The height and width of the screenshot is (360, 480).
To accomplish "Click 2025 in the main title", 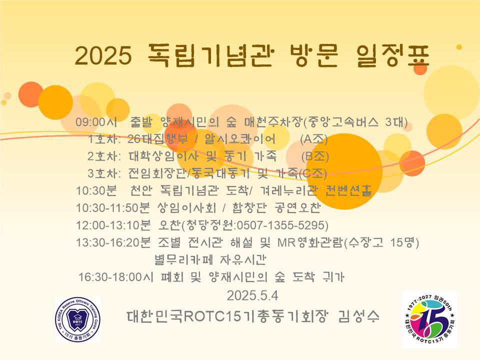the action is click(x=103, y=55).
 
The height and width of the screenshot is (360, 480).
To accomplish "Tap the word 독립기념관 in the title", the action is click(x=209, y=55).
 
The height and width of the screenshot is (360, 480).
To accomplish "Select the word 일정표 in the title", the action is click(x=393, y=55).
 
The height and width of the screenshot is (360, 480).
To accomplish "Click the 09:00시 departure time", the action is click(x=96, y=122).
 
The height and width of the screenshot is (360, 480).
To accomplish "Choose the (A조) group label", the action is click(x=314, y=139).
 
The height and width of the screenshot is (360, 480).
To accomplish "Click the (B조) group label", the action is click(x=315, y=156).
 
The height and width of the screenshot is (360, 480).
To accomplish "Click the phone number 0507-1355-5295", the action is click(x=280, y=225).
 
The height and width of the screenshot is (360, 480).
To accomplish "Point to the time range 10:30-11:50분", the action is click(x=112, y=208).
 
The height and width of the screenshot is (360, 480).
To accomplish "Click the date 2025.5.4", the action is click(x=252, y=295).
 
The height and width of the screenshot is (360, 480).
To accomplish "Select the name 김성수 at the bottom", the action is click(x=359, y=316).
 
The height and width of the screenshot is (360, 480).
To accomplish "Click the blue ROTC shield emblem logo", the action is click(x=78, y=319).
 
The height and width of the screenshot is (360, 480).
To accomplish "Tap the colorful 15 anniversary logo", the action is click(x=429, y=319).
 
